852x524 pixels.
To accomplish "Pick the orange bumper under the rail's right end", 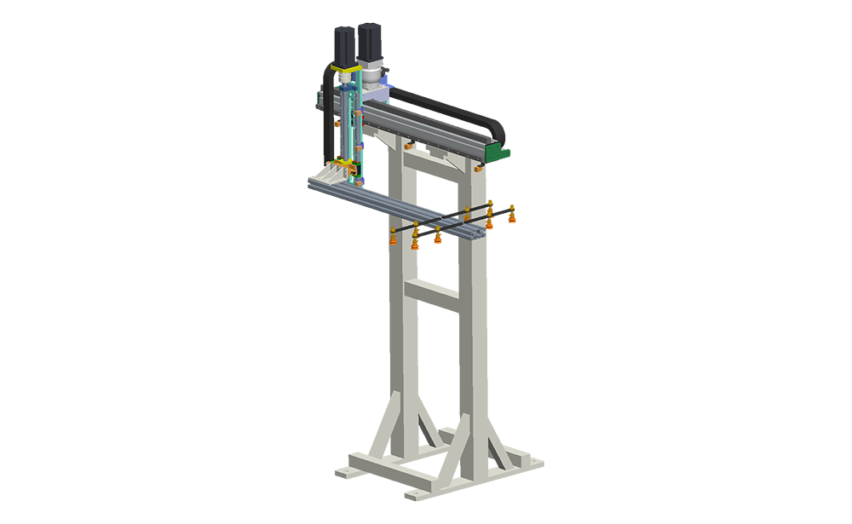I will [x=478, y=169].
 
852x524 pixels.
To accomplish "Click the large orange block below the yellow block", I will [x=528, y=234].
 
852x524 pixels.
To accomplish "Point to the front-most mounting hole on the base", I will [x=407, y=492].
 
